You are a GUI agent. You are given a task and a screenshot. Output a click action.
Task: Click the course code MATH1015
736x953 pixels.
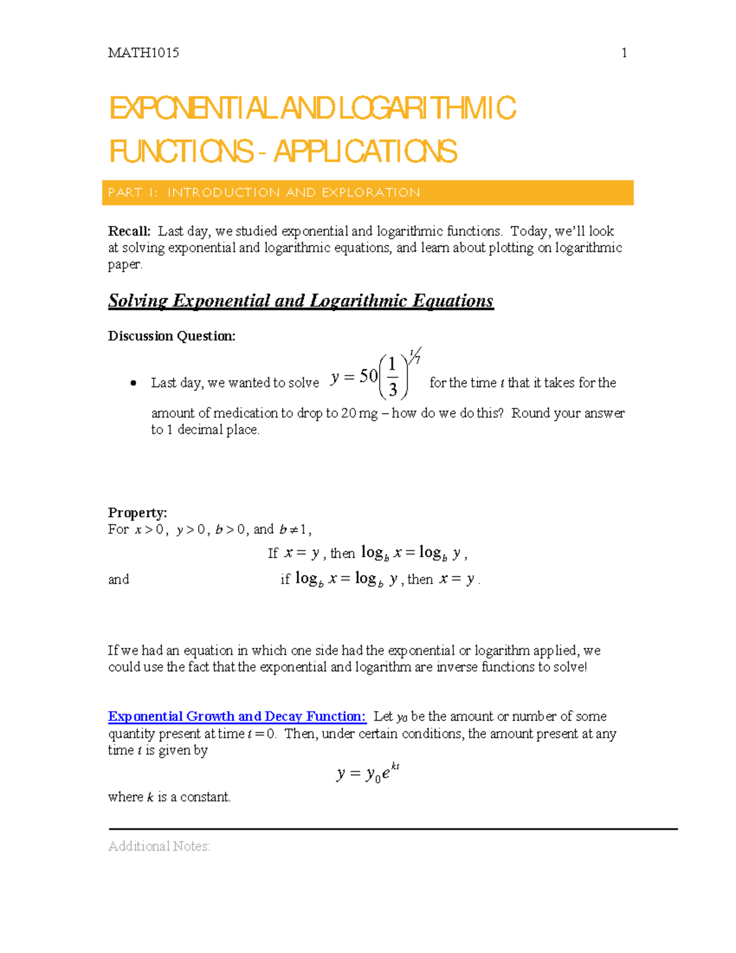coord(144,53)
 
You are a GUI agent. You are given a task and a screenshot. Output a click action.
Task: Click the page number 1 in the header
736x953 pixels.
coord(624,53)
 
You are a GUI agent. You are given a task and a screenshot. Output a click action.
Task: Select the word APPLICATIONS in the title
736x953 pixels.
coord(365,152)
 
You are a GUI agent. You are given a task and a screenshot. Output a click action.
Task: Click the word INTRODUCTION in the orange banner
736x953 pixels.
coord(223,193)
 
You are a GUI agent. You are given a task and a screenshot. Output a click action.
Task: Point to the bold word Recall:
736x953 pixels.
coord(129,231)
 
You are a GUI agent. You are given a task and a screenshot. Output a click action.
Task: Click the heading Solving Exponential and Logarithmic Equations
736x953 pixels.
coord(301,301)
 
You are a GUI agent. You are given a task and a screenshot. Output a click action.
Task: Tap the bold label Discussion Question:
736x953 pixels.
coord(172,336)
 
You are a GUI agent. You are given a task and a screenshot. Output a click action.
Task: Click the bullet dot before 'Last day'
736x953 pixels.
coord(133,384)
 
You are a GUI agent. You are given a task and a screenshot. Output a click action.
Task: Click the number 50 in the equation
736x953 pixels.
coord(368,376)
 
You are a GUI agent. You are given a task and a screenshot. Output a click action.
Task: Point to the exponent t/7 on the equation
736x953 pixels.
coord(415,356)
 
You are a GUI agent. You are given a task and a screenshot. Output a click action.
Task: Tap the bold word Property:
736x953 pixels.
coord(137,513)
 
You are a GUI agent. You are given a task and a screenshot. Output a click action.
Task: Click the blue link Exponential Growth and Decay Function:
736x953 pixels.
coord(237,717)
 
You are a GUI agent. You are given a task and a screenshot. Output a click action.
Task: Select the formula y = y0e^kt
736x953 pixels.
coord(368,773)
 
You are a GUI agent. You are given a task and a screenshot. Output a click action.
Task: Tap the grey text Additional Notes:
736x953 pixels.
coord(159,846)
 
